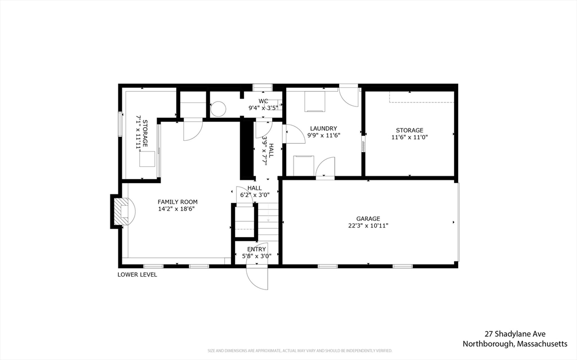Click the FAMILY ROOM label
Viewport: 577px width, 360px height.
(177, 202)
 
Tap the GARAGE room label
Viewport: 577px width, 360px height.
(368, 219)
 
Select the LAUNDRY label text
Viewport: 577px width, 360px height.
(323, 128)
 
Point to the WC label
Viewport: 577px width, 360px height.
(263, 101)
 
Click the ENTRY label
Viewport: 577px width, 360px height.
(256, 249)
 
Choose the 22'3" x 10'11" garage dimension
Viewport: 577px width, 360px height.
(368, 226)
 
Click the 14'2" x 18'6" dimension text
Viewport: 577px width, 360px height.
(177, 209)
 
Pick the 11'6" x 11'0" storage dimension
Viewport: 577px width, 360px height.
(410, 137)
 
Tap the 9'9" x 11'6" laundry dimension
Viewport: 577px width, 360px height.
(325, 135)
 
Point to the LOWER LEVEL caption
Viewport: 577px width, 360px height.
(137, 275)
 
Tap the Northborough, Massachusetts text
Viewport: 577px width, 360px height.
(515, 344)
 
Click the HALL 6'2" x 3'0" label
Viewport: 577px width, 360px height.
(255, 192)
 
